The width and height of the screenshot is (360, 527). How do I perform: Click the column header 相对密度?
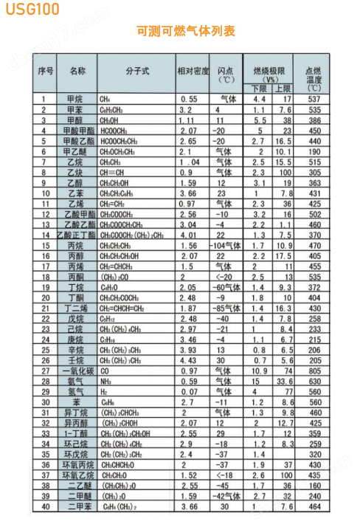(x=193, y=72)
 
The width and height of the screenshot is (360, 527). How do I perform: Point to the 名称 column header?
(x=77, y=72)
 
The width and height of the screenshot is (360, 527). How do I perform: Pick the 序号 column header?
(x=46, y=72)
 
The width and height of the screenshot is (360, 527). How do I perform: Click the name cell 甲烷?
(x=75, y=99)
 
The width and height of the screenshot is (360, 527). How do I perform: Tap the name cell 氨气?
(x=75, y=382)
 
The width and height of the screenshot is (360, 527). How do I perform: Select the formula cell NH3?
(x=106, y=382)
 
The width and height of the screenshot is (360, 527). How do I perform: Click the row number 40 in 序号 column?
(x=45, y=507)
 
